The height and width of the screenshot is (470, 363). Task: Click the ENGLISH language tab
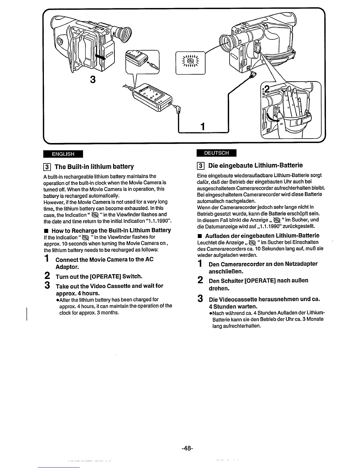coord(63,154)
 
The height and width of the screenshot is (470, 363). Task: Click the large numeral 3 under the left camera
coord(93,80)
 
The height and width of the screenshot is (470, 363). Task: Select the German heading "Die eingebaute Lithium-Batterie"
coord(255,165)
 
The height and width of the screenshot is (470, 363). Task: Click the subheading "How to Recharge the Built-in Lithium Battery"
coord(111,230)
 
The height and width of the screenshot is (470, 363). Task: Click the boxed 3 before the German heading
coord(201,166)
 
